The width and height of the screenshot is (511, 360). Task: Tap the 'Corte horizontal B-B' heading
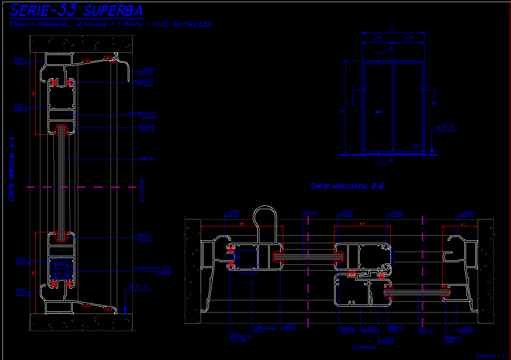[x=346, y=186]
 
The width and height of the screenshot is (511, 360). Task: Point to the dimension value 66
[x=362, y=224]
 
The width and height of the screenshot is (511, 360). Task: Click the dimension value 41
[x=462, y=224]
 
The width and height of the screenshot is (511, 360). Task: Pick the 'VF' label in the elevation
[x=416, y=147]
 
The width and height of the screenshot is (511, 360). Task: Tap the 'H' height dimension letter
[x=342, y=111]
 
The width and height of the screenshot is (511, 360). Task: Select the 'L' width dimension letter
[x=392, y=30]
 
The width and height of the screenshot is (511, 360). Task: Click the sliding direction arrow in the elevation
[x=379, y=112]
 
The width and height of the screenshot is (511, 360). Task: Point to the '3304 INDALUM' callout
[x=149, y=71]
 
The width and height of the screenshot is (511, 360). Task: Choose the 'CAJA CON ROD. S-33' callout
[x=153, y=270]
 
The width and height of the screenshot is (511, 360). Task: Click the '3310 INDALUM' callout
[x=386, y=340]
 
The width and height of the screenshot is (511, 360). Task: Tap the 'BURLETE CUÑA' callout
[x=453, y=339]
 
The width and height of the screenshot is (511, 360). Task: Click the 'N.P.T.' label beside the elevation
[x=446, y=128]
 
